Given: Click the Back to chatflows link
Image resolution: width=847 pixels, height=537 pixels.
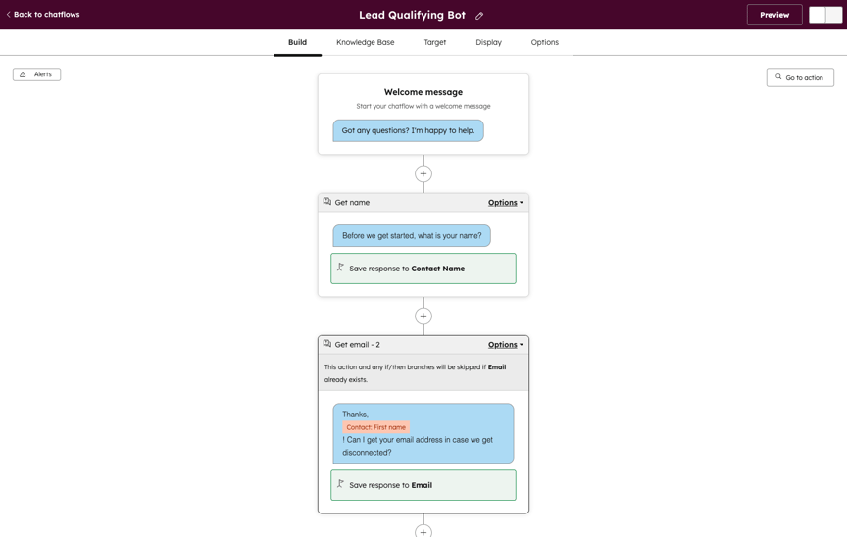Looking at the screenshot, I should [x=43, y=15].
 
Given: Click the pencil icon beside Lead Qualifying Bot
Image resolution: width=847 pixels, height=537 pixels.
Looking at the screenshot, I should [x=479, y=16].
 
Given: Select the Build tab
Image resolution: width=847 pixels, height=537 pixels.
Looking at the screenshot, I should [x=297, y=42].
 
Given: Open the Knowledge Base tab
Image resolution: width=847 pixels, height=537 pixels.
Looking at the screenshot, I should [x=365, y=42].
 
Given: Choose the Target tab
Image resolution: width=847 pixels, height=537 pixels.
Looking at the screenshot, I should [x=435, y=42].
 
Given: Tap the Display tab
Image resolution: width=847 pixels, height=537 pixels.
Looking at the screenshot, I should [x=488, y=42].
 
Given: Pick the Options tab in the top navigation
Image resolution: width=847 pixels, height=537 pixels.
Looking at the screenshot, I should [x=544, y=42].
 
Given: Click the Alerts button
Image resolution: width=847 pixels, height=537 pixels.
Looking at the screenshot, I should [x=36, y=74].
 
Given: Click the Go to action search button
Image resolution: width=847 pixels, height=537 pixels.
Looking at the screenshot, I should [x=800, y=77].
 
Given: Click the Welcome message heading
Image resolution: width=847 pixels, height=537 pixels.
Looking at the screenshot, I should [x=423, y=92].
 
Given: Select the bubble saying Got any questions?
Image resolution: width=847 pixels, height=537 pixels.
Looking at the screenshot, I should [x=408, y=130].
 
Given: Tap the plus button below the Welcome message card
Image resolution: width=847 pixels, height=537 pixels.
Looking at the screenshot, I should [x=423, y=173].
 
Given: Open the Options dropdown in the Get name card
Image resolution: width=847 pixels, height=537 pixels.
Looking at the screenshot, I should [x=505, y=203].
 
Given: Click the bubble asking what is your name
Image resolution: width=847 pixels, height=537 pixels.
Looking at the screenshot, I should [x=412, y=236].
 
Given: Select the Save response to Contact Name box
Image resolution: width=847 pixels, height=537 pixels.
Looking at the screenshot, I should [x=423, y=268].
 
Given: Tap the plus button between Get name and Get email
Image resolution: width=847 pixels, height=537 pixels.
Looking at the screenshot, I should [x=423, y=316].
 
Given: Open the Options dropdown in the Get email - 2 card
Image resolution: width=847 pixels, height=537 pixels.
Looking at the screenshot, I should [x=505, y=345].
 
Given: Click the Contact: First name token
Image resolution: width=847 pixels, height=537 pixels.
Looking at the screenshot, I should [x=375, y=427].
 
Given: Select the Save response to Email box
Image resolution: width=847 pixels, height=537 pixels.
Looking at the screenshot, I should [x=423, y=485].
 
